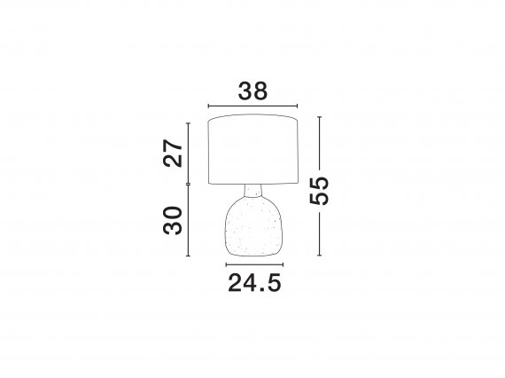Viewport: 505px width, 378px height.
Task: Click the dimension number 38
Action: pyautogui.click(x=252, y=91)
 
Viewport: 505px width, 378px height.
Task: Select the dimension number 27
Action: pyautogui.click(x=173, y=153)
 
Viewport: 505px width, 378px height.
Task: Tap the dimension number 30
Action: pyautogui.click(x=173, y=220)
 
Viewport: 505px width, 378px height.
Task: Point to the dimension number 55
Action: pyautogui.click(x=319, y=191)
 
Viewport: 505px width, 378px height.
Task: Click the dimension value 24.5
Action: pyautogui.click(x=254, y=283)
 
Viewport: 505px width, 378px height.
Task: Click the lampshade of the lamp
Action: pyautogui.click(x=252, y=149)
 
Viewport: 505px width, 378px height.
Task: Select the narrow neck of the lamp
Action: pyautogui.click(x=252, y=190)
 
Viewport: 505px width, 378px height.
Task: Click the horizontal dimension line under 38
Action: pyautogui.click(x=252, y=106)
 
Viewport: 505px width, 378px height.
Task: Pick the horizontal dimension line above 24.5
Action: pyautogui.click(x=254, y=264)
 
